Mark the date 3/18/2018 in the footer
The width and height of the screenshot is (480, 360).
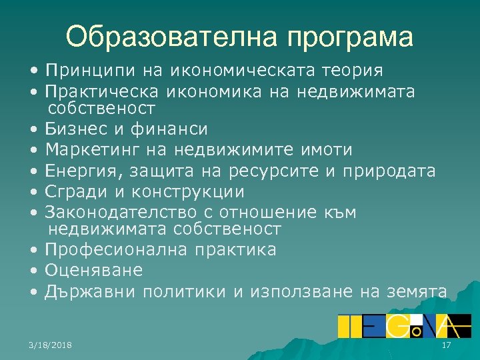tap(51, 344)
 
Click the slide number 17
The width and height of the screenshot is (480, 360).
tap(447, 344)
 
